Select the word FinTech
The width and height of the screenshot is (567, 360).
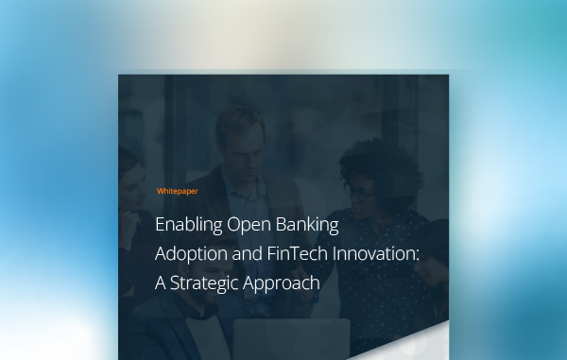click(x=301, y=254)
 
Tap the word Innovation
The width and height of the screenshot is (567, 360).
click(x=378, y=254)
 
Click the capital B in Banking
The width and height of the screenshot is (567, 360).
click(x=283, y=227)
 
